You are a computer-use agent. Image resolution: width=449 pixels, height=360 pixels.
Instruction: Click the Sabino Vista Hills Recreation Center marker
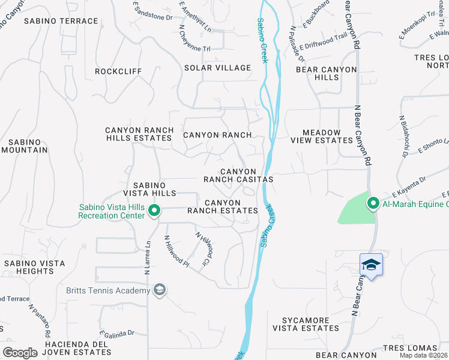coord(154,211)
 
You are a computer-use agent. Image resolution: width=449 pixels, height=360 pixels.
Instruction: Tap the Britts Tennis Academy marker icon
coord(159,291)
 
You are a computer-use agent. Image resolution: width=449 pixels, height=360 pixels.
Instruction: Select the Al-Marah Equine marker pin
coord(373,204)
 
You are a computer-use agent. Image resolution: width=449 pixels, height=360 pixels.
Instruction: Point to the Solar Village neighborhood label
coord(217,68)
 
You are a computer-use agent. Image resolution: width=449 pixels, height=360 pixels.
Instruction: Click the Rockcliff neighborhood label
coord(119,71)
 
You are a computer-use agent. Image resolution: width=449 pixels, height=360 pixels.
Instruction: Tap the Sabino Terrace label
coord(61,21)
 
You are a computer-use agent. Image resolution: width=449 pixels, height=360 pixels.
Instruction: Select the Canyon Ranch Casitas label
coord(238,175)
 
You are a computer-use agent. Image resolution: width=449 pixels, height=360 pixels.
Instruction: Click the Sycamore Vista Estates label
coord(306,324)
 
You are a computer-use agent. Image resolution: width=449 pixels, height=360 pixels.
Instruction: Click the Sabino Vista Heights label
coord(29,267)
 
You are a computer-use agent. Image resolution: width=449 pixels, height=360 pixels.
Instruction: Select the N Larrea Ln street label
coord(147,259)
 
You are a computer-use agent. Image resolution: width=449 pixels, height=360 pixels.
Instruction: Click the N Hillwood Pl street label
coord(177,251)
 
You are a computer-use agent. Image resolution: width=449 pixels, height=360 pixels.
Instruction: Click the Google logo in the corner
coord(20,353)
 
